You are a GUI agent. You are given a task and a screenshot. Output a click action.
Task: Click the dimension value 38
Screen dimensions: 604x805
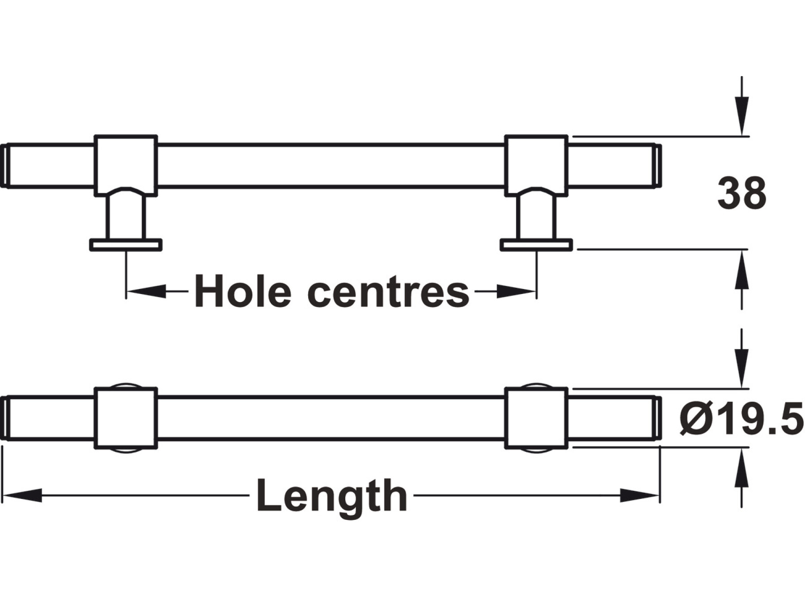pos(741,194)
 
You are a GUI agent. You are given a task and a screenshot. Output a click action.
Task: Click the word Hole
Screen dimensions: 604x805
pos(243,292)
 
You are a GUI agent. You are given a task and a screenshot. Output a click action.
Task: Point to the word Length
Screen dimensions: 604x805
pos(332,496)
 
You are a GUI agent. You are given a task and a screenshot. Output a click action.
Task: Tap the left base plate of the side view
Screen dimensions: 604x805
pos(126,245)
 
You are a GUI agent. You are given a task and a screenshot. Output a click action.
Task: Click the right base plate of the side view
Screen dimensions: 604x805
pos(536,245)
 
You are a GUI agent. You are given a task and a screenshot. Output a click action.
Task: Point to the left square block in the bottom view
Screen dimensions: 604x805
pos(126,418)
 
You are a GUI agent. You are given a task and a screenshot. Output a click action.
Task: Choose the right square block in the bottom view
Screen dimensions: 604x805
pos(536,418)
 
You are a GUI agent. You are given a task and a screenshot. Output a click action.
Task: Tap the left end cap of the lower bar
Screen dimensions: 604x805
pos(4,418)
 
